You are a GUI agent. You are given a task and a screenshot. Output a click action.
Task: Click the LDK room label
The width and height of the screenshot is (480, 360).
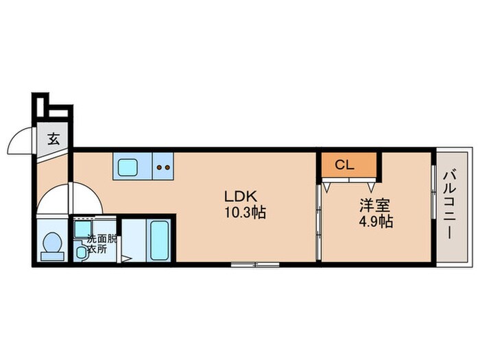point(240,197)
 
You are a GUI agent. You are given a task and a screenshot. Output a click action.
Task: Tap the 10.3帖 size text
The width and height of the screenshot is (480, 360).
point(245,212)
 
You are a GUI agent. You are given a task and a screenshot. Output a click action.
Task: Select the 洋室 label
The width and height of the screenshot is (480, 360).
point(374,206)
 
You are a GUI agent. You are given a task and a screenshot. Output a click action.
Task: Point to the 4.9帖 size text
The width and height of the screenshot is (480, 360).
point(376,221)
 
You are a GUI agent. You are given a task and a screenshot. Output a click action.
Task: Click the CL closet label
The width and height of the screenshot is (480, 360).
point(345,165)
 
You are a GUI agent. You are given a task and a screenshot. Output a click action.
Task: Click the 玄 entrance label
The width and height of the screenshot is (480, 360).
point(53,139)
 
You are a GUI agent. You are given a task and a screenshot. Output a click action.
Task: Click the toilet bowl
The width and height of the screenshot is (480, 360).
point(53,242)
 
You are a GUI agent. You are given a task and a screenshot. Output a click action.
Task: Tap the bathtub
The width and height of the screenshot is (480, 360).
point(160,240)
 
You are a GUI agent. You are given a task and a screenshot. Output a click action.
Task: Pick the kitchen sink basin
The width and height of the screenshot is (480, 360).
point(128,168)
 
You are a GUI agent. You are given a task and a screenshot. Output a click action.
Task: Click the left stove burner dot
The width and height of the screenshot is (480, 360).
point(160,167)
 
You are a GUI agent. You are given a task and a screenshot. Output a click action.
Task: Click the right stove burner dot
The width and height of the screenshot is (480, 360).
point(167,167)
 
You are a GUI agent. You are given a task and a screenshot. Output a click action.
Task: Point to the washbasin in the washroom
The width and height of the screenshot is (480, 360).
point(82,252)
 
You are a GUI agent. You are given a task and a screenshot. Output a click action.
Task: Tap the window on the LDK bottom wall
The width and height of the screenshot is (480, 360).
point(255,265)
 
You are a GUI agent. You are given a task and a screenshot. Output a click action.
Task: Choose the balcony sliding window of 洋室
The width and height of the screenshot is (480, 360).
point(433,192)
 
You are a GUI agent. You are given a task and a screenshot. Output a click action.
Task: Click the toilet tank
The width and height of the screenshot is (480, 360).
point(52,256)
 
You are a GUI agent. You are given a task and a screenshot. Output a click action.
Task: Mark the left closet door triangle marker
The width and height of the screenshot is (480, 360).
point(326,187)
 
